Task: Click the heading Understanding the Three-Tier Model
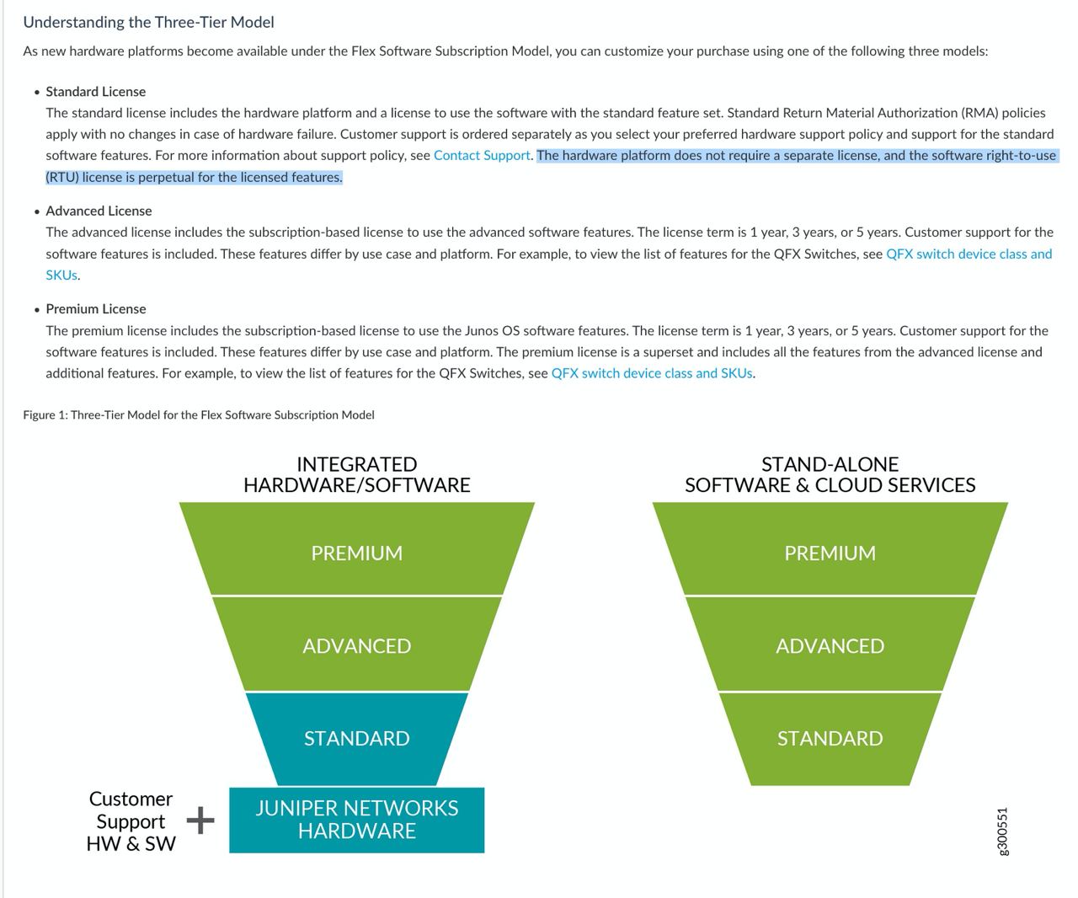pos(149,22)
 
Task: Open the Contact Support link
pos(482,156)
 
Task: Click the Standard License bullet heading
pos(95,92)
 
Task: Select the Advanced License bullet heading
pos(99,211)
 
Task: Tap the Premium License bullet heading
pos(95,309)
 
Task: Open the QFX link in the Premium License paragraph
pos(652,373)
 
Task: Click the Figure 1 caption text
pos(199,414)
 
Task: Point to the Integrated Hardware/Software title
pos(357,474)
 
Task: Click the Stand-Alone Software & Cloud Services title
pos(830,474)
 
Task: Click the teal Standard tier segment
pos(357,739)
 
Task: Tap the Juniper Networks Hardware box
pos(357,820)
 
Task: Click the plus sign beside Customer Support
pos(200,820)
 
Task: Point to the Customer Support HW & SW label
pos(131,821)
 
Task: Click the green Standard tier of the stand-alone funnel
pos(830,739)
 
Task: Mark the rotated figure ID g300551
pos(1001,831)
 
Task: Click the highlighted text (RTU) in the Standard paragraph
pos(62,177)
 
